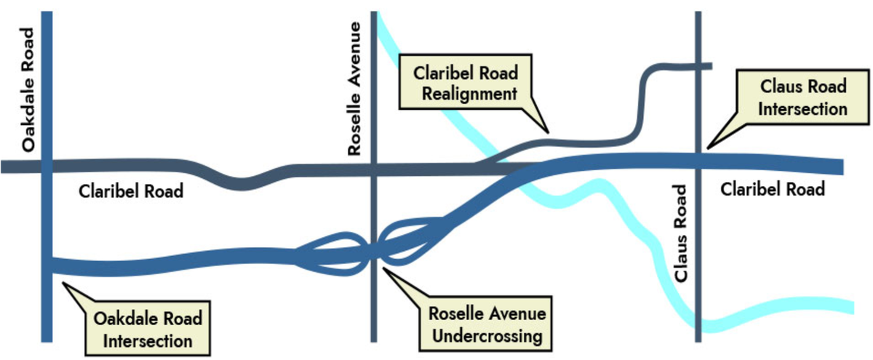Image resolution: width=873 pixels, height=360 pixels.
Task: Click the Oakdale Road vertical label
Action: point(28,89)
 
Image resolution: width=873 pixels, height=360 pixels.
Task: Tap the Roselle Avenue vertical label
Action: point(354,89)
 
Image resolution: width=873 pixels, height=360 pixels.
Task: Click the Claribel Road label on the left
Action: point(131,192)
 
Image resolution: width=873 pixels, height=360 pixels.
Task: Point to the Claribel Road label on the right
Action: point(773,189)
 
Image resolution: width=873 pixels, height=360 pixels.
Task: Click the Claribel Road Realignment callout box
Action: point(466,83)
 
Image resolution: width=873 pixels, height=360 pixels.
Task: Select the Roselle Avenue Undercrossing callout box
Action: point(486,325)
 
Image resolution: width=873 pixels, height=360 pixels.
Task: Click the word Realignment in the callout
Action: point(466,93)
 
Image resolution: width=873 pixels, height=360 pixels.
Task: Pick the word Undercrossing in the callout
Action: point(486,336)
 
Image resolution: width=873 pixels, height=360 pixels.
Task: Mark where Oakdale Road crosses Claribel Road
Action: point(47,167)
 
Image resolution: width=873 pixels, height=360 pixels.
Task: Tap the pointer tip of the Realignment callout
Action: point(550,134)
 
